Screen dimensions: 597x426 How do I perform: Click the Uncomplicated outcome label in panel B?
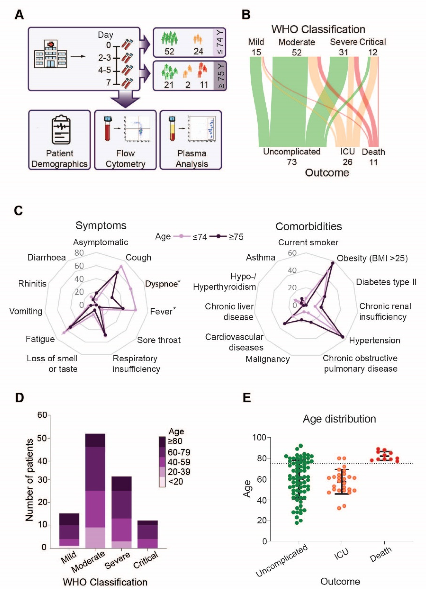(x=292, y=152)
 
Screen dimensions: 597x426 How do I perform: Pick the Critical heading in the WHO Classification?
(x=372, y=42)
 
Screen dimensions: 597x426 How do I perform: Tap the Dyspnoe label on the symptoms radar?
(x=161, y=284)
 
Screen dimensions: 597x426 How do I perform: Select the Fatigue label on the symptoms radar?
(x=40, y=339)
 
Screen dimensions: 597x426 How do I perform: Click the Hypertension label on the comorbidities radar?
(x=374, y=340)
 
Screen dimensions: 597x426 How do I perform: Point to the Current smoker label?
(x=308, y=243)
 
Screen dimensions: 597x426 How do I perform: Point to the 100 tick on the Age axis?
(x=259, y=437)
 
